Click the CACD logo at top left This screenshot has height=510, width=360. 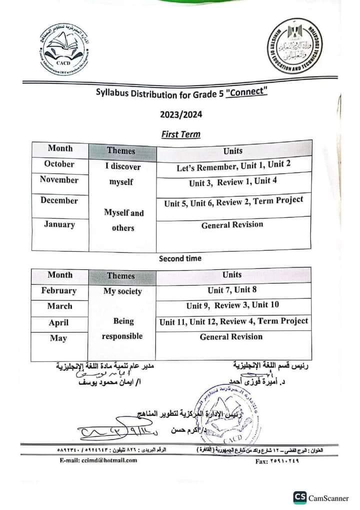click(x=68, y=50)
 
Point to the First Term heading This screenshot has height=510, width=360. click(x=180, y=134)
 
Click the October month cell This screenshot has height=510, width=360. click(x=59, y=164)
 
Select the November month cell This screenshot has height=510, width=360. click(x=59, y=180)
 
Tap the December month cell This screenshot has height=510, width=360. click(x=59, y=201)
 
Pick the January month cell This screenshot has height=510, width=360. click(x=59, y=224)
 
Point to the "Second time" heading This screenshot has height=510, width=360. click(x=180, y=258)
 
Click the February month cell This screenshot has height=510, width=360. click(x=59, y=291)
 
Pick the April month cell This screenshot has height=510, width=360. click(x=59, y=323)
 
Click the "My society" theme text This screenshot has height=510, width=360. click(x=122, y=291)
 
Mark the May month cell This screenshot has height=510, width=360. click(x=59, y=338)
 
